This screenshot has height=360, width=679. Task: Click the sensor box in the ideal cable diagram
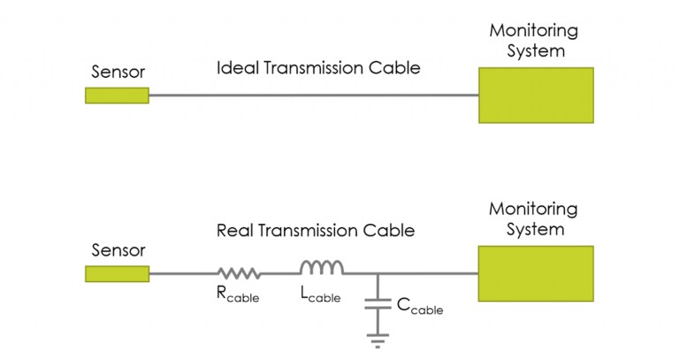coord(117,95)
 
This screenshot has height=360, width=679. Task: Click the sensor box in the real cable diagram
coord(117,273)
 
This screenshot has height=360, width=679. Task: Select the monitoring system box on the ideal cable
coord(536,95)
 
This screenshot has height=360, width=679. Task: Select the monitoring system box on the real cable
coord(536,273)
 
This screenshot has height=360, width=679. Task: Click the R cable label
coord(238,296)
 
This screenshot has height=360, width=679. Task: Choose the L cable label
coord(320,296)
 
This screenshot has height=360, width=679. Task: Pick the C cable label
coord(419,308)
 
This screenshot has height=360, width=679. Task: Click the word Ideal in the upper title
coord(234,67)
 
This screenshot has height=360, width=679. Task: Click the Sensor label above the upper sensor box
coord(117,72)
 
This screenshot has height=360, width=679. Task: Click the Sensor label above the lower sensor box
coord(117,250)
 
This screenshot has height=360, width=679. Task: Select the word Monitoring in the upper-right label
coord(534,31)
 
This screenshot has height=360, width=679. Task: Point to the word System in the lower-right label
coord(536,230)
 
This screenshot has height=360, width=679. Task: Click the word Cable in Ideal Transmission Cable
coord(396,67)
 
